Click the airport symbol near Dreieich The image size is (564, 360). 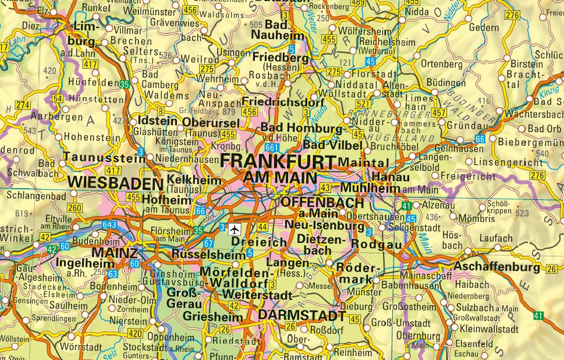pyautogui.click(x=235, y=228)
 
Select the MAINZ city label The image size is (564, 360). pyautogui.click(x=115, y=253)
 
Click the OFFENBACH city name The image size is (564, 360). pyautogui.click(x=322, y=203)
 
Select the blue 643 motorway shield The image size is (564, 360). pyautogui.click(x=109, y=224)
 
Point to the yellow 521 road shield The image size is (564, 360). pyautogui.click(x=363, y=104)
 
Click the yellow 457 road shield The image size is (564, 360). pyautogui.click(x=439, y=112)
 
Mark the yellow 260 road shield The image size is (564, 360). pyautogui.click(x=75, y=208)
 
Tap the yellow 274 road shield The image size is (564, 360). pyautogui.click(x=23, y=105)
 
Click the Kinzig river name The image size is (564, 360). pyautogui.click(x=548, y=91)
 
